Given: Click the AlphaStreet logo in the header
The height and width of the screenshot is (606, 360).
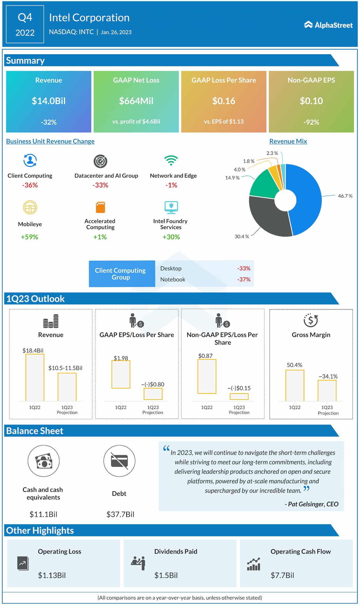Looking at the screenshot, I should pyautogui.click(x=328, y=25).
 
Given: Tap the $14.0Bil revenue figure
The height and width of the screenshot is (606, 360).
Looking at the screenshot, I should pyautogui.click(x=49, y=101).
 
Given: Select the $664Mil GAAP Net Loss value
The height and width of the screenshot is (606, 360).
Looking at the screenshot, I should pyautogui.click(x=136, y=101).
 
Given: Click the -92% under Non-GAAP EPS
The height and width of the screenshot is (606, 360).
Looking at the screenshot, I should pyautogui.click(x=311, y=122).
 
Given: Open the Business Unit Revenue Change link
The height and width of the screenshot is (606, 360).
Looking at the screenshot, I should pyautogui.click(x=50, y=141).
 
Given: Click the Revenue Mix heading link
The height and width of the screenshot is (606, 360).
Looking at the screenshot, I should pyautogui.click(x=288, y=141).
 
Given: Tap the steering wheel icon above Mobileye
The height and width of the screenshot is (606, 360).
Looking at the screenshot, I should pyautogui.click(x=30, y=208).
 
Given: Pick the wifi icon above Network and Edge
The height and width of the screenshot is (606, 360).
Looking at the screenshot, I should pyautogui.click(x=171, y=160).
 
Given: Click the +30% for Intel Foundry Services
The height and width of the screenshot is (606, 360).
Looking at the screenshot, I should pyautogui.click(x=171, y=237).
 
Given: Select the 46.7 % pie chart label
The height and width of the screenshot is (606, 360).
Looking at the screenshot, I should pyautogui.click(x=345, y=196).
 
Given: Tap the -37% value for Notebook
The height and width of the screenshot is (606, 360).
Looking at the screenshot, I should pyautogui.click(x=244, y=279).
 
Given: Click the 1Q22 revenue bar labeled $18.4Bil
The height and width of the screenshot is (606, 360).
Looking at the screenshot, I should pyautogui.click(x=35, y=377).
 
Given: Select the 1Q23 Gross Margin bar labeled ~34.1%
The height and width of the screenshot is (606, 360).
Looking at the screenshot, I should pyautogui.click(x=327, y=390).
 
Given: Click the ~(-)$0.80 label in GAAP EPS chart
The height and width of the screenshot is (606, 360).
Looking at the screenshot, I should pyautogui.click(x=153, y=384).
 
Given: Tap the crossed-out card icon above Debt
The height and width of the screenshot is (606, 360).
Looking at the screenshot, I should pyautogui.click(x=119, y=461).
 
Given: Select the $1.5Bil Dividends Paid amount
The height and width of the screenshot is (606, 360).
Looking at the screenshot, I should pyautogui.click(x=166, y=575).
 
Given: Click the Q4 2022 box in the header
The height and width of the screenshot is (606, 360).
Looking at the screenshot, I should pyautogui.click(x=25, y=25).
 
